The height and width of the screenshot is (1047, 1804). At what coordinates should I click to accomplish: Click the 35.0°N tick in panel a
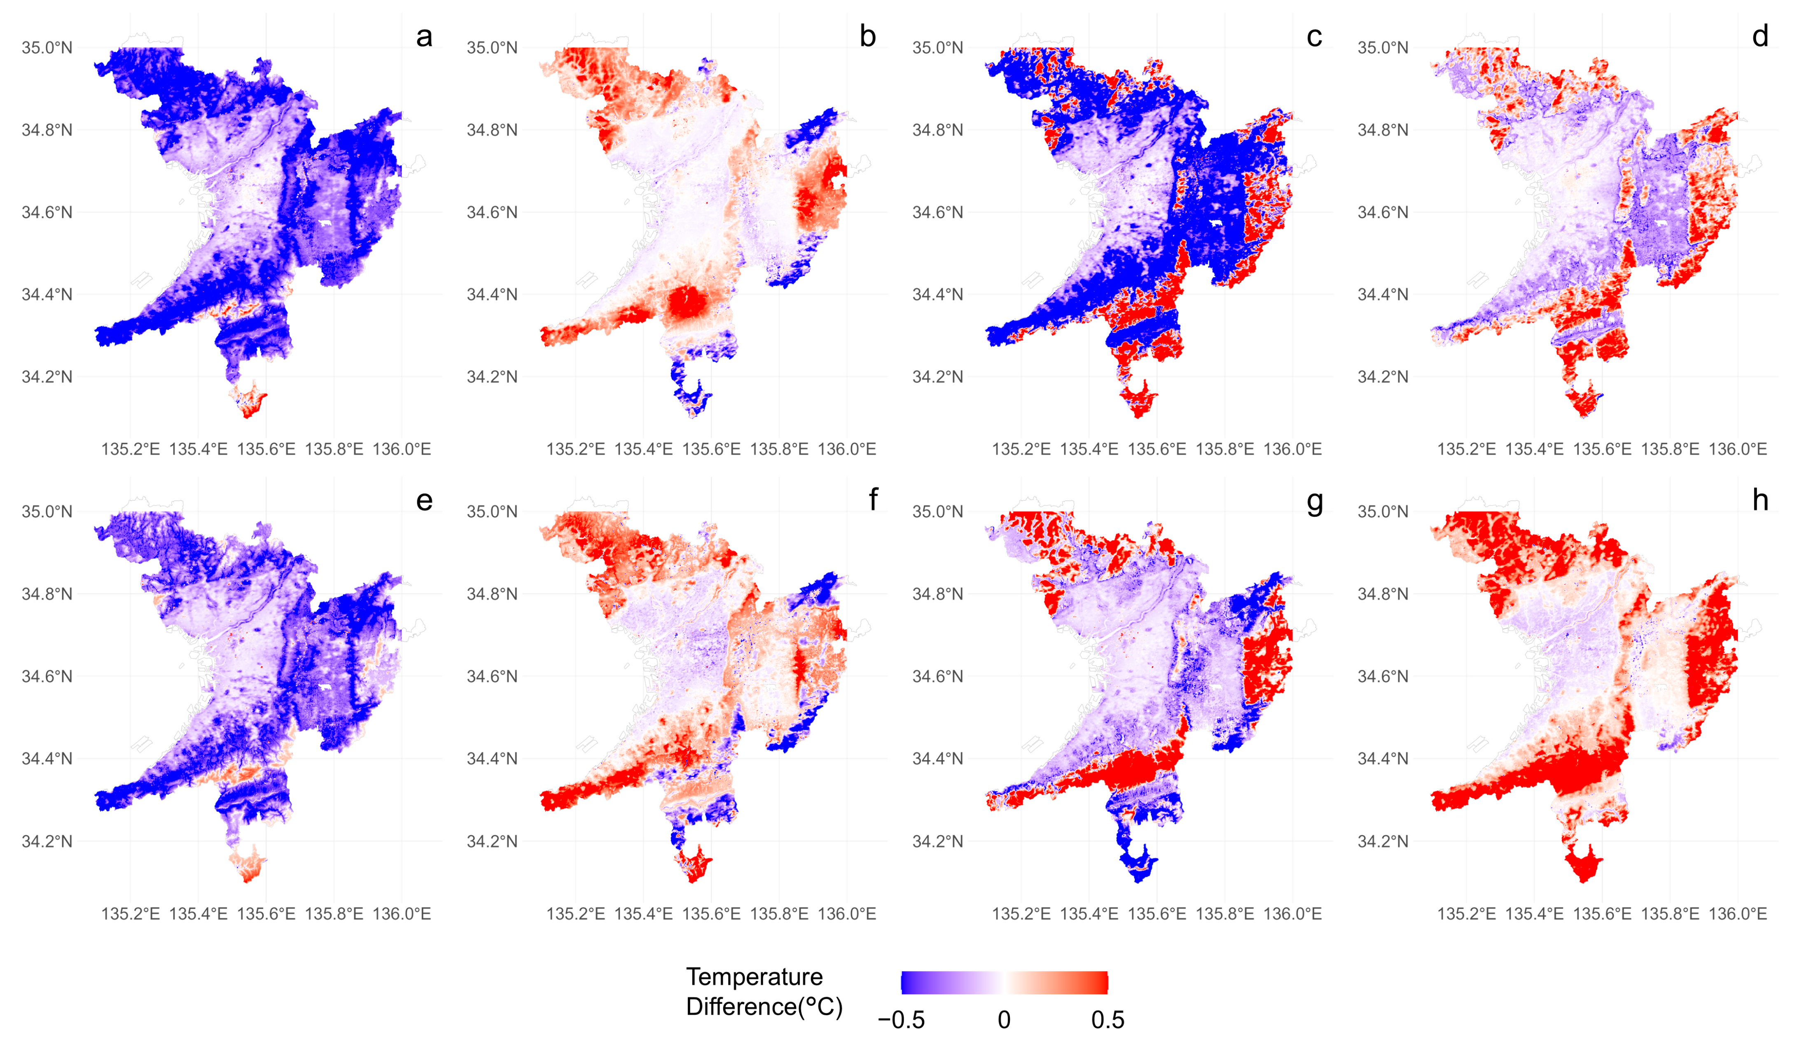coord(47,48)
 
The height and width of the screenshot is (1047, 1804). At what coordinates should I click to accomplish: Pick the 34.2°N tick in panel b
coord(492,377)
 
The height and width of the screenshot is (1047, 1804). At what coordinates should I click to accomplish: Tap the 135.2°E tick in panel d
coord(1466,449)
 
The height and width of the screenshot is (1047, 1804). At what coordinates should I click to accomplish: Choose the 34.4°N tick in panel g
coord(937,759)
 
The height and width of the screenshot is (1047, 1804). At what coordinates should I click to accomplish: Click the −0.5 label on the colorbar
coord(901,1020)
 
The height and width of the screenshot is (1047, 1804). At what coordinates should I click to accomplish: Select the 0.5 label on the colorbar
coord(1108,1020)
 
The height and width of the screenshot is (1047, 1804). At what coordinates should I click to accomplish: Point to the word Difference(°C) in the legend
coord(764,1007)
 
